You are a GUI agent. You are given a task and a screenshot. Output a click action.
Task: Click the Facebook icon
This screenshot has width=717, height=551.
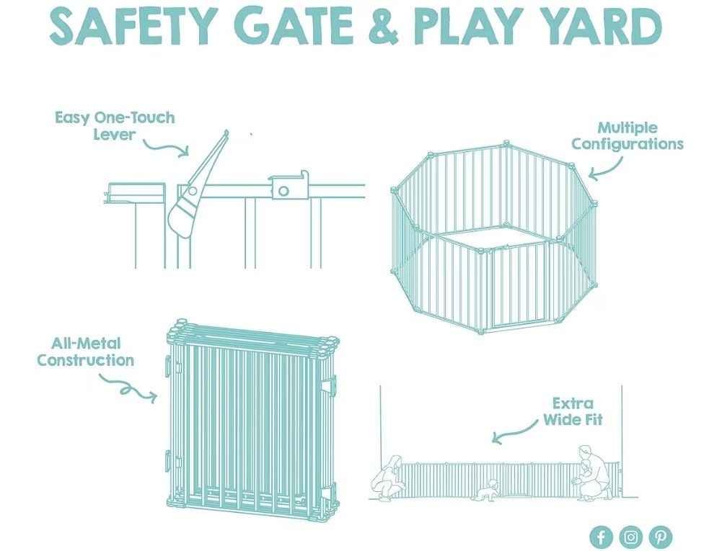pos(601,537)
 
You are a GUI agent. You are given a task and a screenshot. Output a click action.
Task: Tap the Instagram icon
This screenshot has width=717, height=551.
pos(631,537)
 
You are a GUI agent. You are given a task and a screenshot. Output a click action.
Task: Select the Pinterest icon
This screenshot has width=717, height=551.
pos(661,537)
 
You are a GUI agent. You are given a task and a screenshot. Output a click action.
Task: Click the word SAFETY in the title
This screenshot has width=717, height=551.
pos(133,26)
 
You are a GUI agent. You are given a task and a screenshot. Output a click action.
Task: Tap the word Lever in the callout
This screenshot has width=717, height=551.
pos(114,135)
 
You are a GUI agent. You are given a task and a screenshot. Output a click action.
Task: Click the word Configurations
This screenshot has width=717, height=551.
pos(627,144)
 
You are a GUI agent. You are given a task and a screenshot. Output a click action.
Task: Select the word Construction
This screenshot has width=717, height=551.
pos(86,360)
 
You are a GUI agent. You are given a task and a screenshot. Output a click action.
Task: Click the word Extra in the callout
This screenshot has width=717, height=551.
pos(573,403)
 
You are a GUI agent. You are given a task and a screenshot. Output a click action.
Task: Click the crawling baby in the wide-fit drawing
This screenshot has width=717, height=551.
pos(489,490)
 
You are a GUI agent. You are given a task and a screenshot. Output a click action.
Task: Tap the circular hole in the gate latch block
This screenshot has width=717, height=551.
pos(284,191)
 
